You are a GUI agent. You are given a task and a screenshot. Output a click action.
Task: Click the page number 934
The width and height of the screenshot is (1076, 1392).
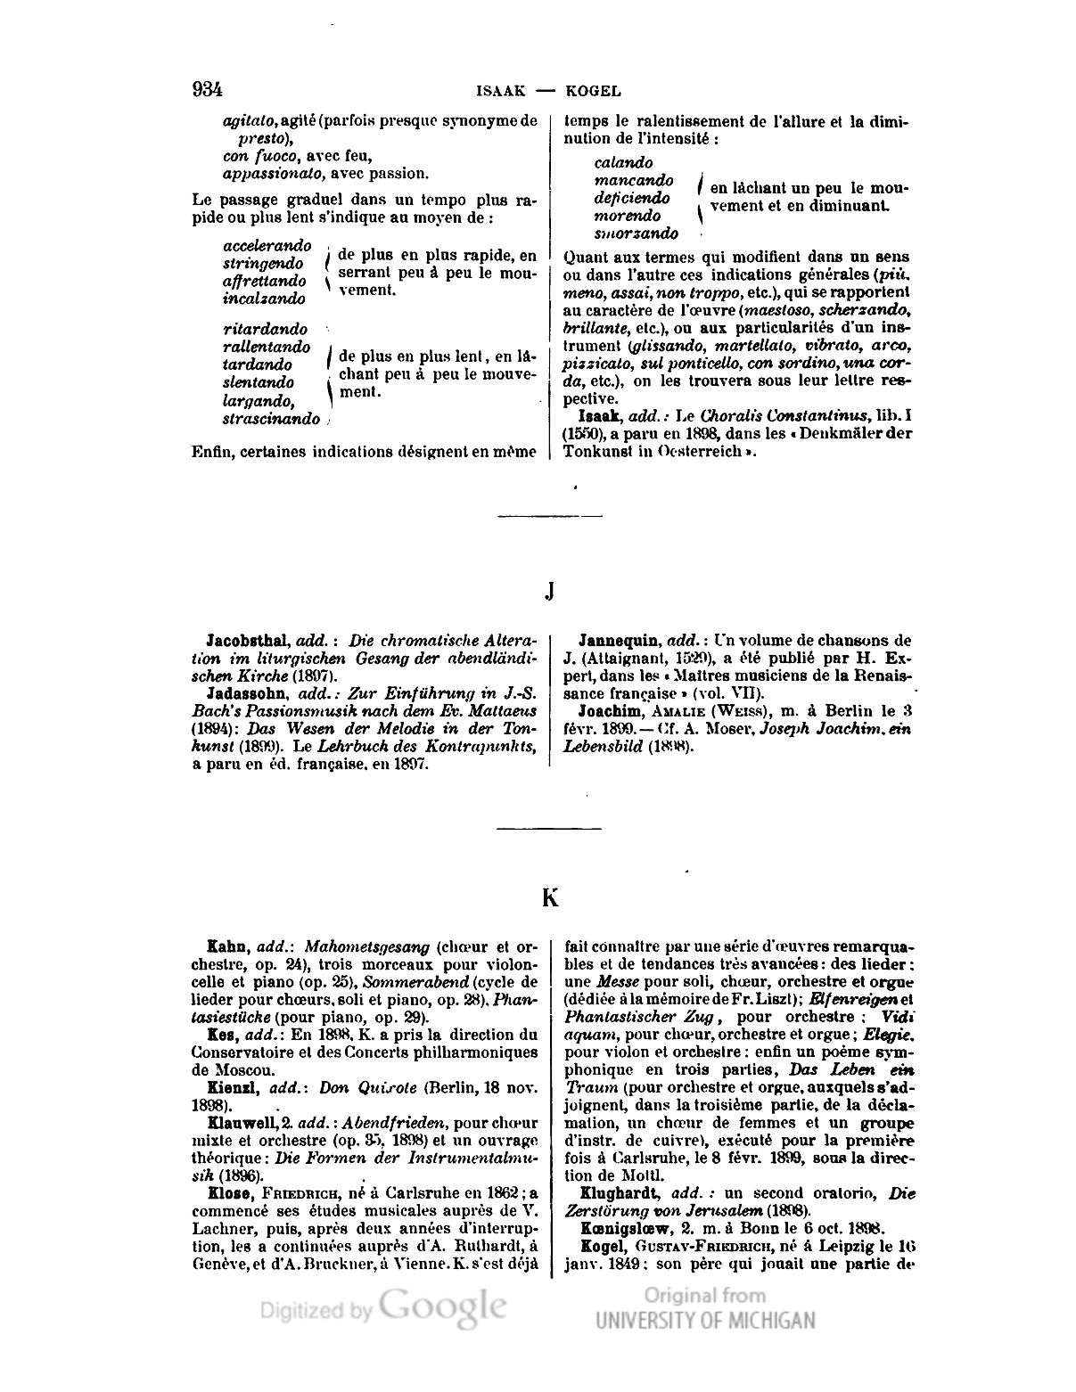tap(206, 90)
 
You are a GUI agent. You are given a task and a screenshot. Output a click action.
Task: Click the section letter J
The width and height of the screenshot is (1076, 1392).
tap(549, 591)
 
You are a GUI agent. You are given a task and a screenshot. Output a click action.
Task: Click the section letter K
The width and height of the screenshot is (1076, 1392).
tap(550, 897)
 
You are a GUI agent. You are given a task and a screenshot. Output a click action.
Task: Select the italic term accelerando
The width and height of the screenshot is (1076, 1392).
tap(267, 245)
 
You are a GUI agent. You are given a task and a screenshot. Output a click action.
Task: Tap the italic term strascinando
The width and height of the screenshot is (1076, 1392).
tap(270, 418)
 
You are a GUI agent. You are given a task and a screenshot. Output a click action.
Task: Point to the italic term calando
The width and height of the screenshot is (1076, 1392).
tap(623, 162)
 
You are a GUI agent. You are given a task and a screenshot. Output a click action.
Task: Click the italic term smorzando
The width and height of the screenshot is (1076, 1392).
tap(636, 233)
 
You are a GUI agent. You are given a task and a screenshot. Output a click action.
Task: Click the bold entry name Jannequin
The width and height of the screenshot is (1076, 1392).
tap(618, 640)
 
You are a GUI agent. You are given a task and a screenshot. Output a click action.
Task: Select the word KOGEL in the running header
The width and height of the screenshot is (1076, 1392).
tap(592, 91)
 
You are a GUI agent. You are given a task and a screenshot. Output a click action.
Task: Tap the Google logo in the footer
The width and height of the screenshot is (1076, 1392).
tap(444, 1306)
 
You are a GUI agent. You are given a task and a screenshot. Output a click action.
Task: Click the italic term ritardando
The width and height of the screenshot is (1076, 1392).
tap(265, 329)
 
